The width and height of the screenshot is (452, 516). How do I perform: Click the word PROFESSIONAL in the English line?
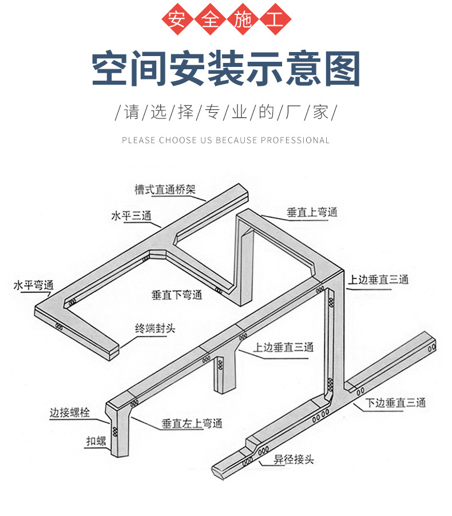(x=295, y=140)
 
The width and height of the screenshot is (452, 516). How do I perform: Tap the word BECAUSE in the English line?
(x=236, y=140)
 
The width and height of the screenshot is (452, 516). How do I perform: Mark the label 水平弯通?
(x=34, y=284)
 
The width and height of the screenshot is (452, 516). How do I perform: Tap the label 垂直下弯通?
(x=177, y=295)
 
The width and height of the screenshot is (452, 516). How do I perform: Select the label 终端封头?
(x=154, y=328)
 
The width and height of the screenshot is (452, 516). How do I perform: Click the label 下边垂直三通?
(x=395, y=403)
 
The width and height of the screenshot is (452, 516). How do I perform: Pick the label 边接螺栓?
(x=69, y=412)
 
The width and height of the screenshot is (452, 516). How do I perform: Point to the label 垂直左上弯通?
(x=191, y=424)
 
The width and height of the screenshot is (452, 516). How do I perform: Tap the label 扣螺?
(x=97, y=440)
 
